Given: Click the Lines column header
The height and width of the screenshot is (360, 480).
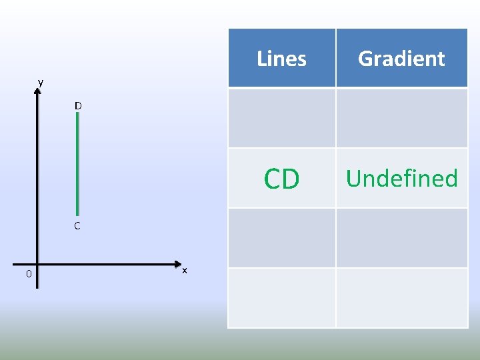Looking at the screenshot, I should pyautogui.click(x=281, y=59).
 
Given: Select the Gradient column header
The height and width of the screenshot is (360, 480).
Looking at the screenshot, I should pyautogui.click(x=401, y=59).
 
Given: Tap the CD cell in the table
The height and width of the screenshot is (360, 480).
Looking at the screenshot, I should pyautogui.click(x=281, y=179).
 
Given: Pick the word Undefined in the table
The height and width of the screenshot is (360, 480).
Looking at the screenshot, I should pyautogui.click(x=401, y=179).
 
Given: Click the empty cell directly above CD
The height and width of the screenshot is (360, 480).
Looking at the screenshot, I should pyautogui.click(x=281, y=118).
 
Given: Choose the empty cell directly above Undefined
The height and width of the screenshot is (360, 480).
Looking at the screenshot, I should pyautogui.click(x=401, y=118).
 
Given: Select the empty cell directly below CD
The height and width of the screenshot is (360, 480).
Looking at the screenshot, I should pyautogui.click(x=281, y=238).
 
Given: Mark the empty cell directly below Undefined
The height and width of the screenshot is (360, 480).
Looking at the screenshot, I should pyautogui.click(x=401, y=238).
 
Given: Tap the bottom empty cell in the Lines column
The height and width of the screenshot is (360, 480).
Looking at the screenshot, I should pyautogui.click(x=281, y=297).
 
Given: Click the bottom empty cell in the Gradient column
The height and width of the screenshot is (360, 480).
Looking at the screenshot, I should pyautogui.click(x=401, y=297).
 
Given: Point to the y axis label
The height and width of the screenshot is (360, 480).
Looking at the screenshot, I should pyautogui.click(x=41, y=82).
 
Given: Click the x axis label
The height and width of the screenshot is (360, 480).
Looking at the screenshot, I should pyautogui.click(x=185, y=270).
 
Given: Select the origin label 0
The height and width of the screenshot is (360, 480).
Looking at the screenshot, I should pyautogui.click(x=20, y=274).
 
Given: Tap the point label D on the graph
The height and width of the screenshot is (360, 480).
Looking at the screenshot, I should pyautogui.click(x=78, y=106).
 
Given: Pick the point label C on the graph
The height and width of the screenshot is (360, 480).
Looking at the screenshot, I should pyautogui.click(x=77, y=226).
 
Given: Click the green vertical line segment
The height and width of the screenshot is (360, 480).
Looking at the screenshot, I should pyautogui.click(x=78, y=163).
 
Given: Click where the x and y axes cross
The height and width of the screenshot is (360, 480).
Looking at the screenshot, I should pyautogui.click(x=37, y=265).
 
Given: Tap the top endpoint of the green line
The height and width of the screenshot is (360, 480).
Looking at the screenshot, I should pyautogui.click(x=78, y=114).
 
